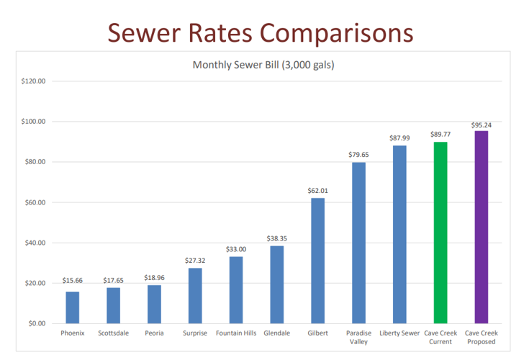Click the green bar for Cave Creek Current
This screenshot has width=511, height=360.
pyautogui.click(x=440, y=233)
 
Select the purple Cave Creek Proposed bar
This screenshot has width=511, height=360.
pyautogui.click(x=481, y=227)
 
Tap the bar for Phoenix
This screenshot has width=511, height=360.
pyautogui.click(x=73, y=307)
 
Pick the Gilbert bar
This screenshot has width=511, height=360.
pyautogui.click(x=317, y=261)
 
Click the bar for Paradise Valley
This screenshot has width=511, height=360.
pyautogui.click(x=358, y=243)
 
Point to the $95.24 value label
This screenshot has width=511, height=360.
pyautogui.click(x=481, y=125)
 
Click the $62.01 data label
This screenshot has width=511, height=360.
pyautogui.click(x=317, y=191)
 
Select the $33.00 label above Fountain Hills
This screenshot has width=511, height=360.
pyautogui.click(x=236, y=249)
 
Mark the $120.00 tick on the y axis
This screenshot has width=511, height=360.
pyautogui.click(x=33, y=81)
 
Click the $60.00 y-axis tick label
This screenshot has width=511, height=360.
pyautogui.click(x=34, y=202)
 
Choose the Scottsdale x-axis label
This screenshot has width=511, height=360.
pyautogui.click(x=113, y=333)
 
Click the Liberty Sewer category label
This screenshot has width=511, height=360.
pyautogui.click(x=399, y=333)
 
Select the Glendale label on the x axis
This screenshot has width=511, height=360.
pyautogui.click(x=276, y=333)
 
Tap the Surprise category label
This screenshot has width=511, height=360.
pyautogui.click(x=195, y=333)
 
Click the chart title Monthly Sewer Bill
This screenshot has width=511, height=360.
pyautogui.click(x=263, y=65)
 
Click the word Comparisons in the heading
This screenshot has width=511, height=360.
pyautogui.click(x=337, y=32)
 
